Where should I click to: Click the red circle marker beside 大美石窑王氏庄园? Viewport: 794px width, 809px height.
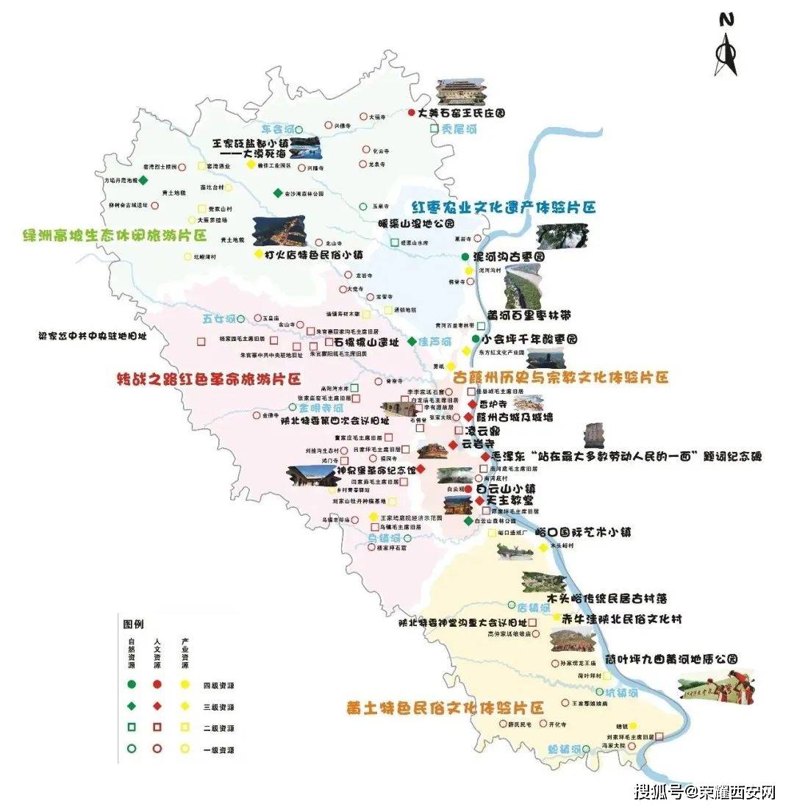pos(412,113)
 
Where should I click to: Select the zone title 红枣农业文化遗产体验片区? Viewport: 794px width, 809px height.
pos(503,206)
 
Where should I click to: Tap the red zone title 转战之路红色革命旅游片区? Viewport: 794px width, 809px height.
pos(209,380)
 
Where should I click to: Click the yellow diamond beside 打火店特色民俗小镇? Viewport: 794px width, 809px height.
pos(258,254)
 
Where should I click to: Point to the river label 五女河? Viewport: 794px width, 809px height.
pos(218,319)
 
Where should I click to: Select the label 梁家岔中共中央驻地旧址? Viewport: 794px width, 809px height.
pos(93,336)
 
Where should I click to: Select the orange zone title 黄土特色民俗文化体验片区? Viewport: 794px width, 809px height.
pos(445,708)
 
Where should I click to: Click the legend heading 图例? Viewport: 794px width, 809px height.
pos(133,623)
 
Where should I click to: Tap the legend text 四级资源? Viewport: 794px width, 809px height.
pos(219,685)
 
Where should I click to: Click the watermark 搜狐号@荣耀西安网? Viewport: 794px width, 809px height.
pos(705,791)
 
